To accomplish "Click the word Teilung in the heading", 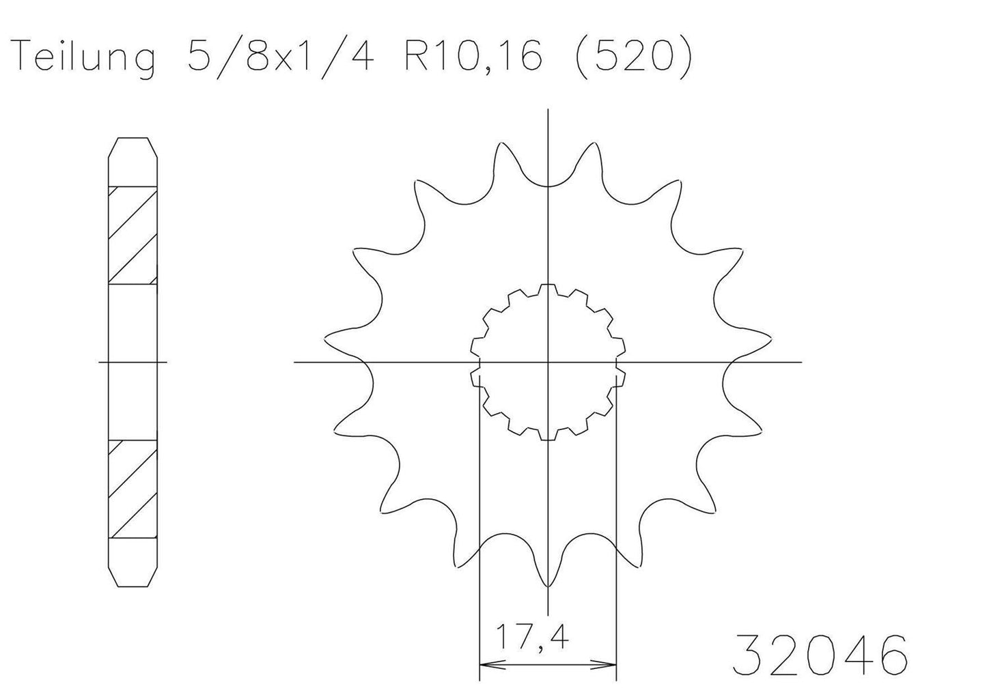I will (83, 58).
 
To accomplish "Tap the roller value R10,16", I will (473, 58).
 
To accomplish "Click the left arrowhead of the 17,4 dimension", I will (486, 663).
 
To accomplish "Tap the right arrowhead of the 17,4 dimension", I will (610, 663).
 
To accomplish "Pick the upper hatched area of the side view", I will (133, 236).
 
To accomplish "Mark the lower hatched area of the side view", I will (133, 488).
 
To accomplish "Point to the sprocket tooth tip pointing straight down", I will (548, 586).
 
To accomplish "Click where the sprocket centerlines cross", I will (548, 361).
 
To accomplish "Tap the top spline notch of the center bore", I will (548, 288).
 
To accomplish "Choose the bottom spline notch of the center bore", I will (548, 436).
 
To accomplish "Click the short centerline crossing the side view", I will (133, 361).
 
